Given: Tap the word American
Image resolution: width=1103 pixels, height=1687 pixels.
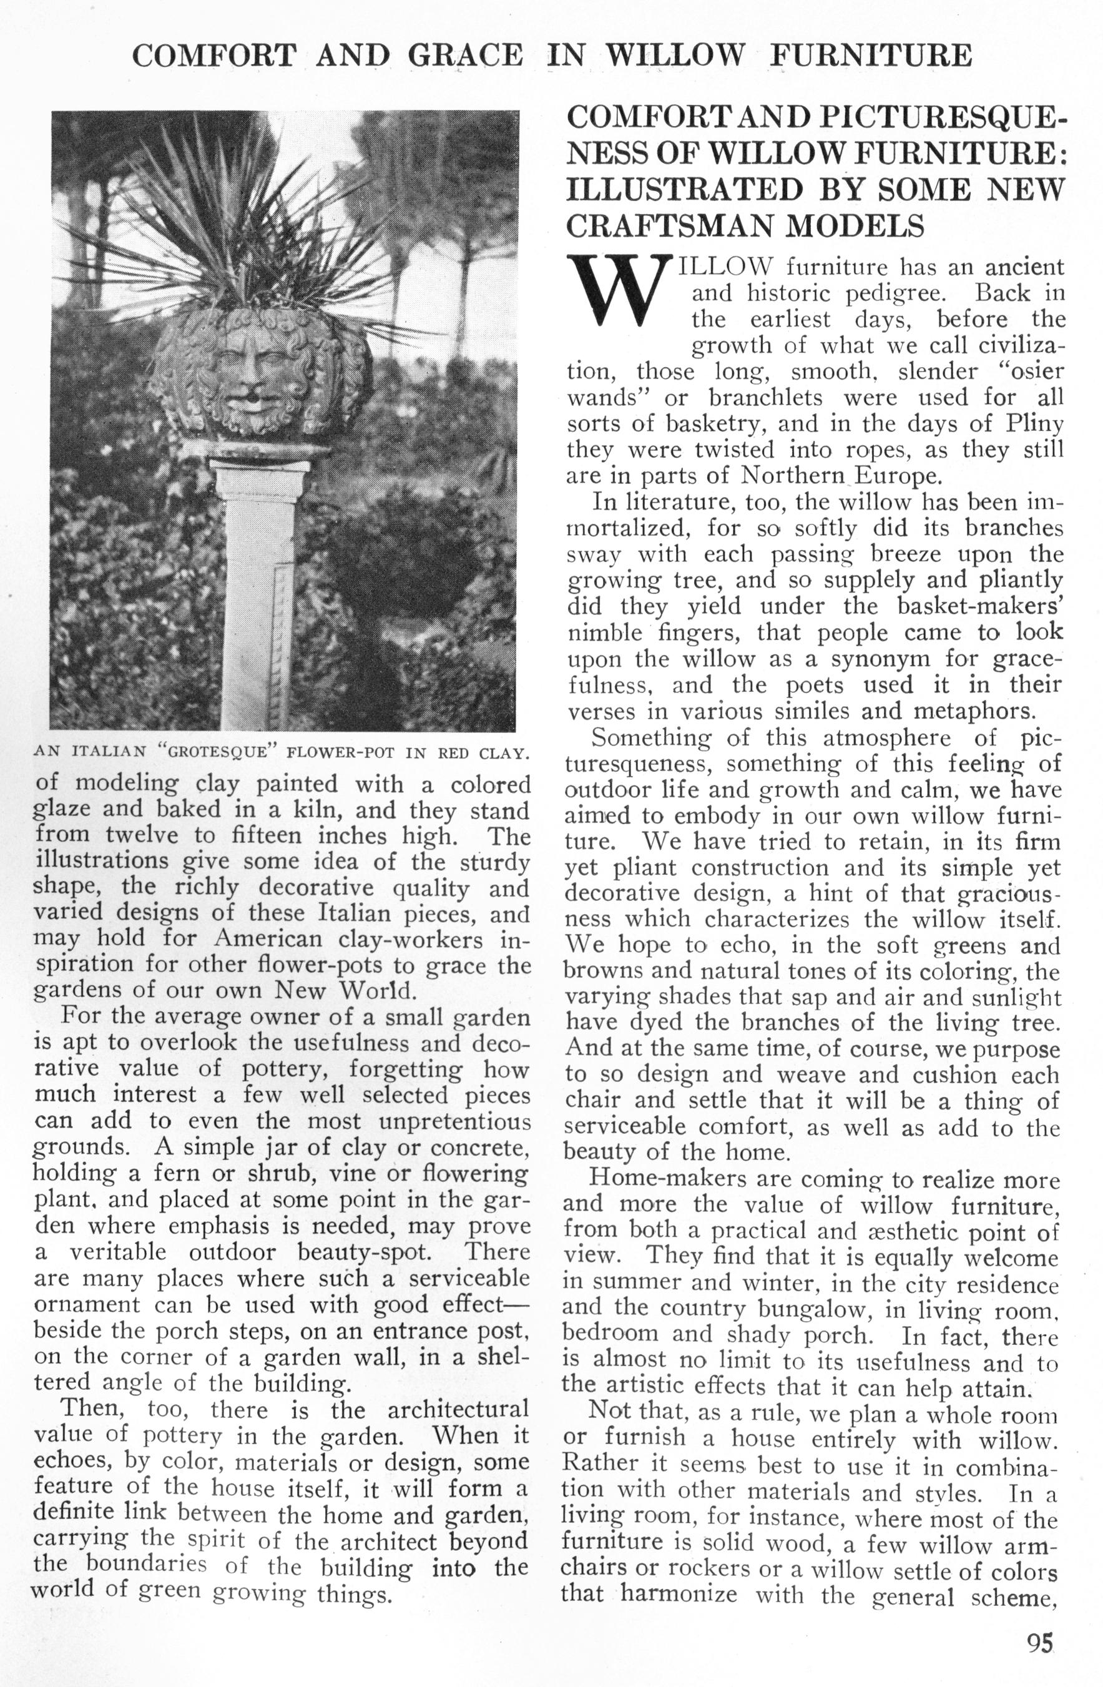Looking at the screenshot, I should point(268,939).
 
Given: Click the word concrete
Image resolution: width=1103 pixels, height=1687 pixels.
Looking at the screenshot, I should point(482,1147).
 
